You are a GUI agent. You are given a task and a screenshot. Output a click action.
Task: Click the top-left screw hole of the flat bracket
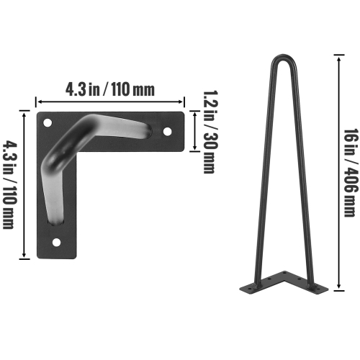(x=48, y=123)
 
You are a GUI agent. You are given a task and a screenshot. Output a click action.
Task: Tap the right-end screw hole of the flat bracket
(x=167, y=132)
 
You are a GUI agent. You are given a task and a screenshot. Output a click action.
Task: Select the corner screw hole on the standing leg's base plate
(x=284, y=282)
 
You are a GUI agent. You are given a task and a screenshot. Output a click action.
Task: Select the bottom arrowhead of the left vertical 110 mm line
(x=27, y=256)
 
